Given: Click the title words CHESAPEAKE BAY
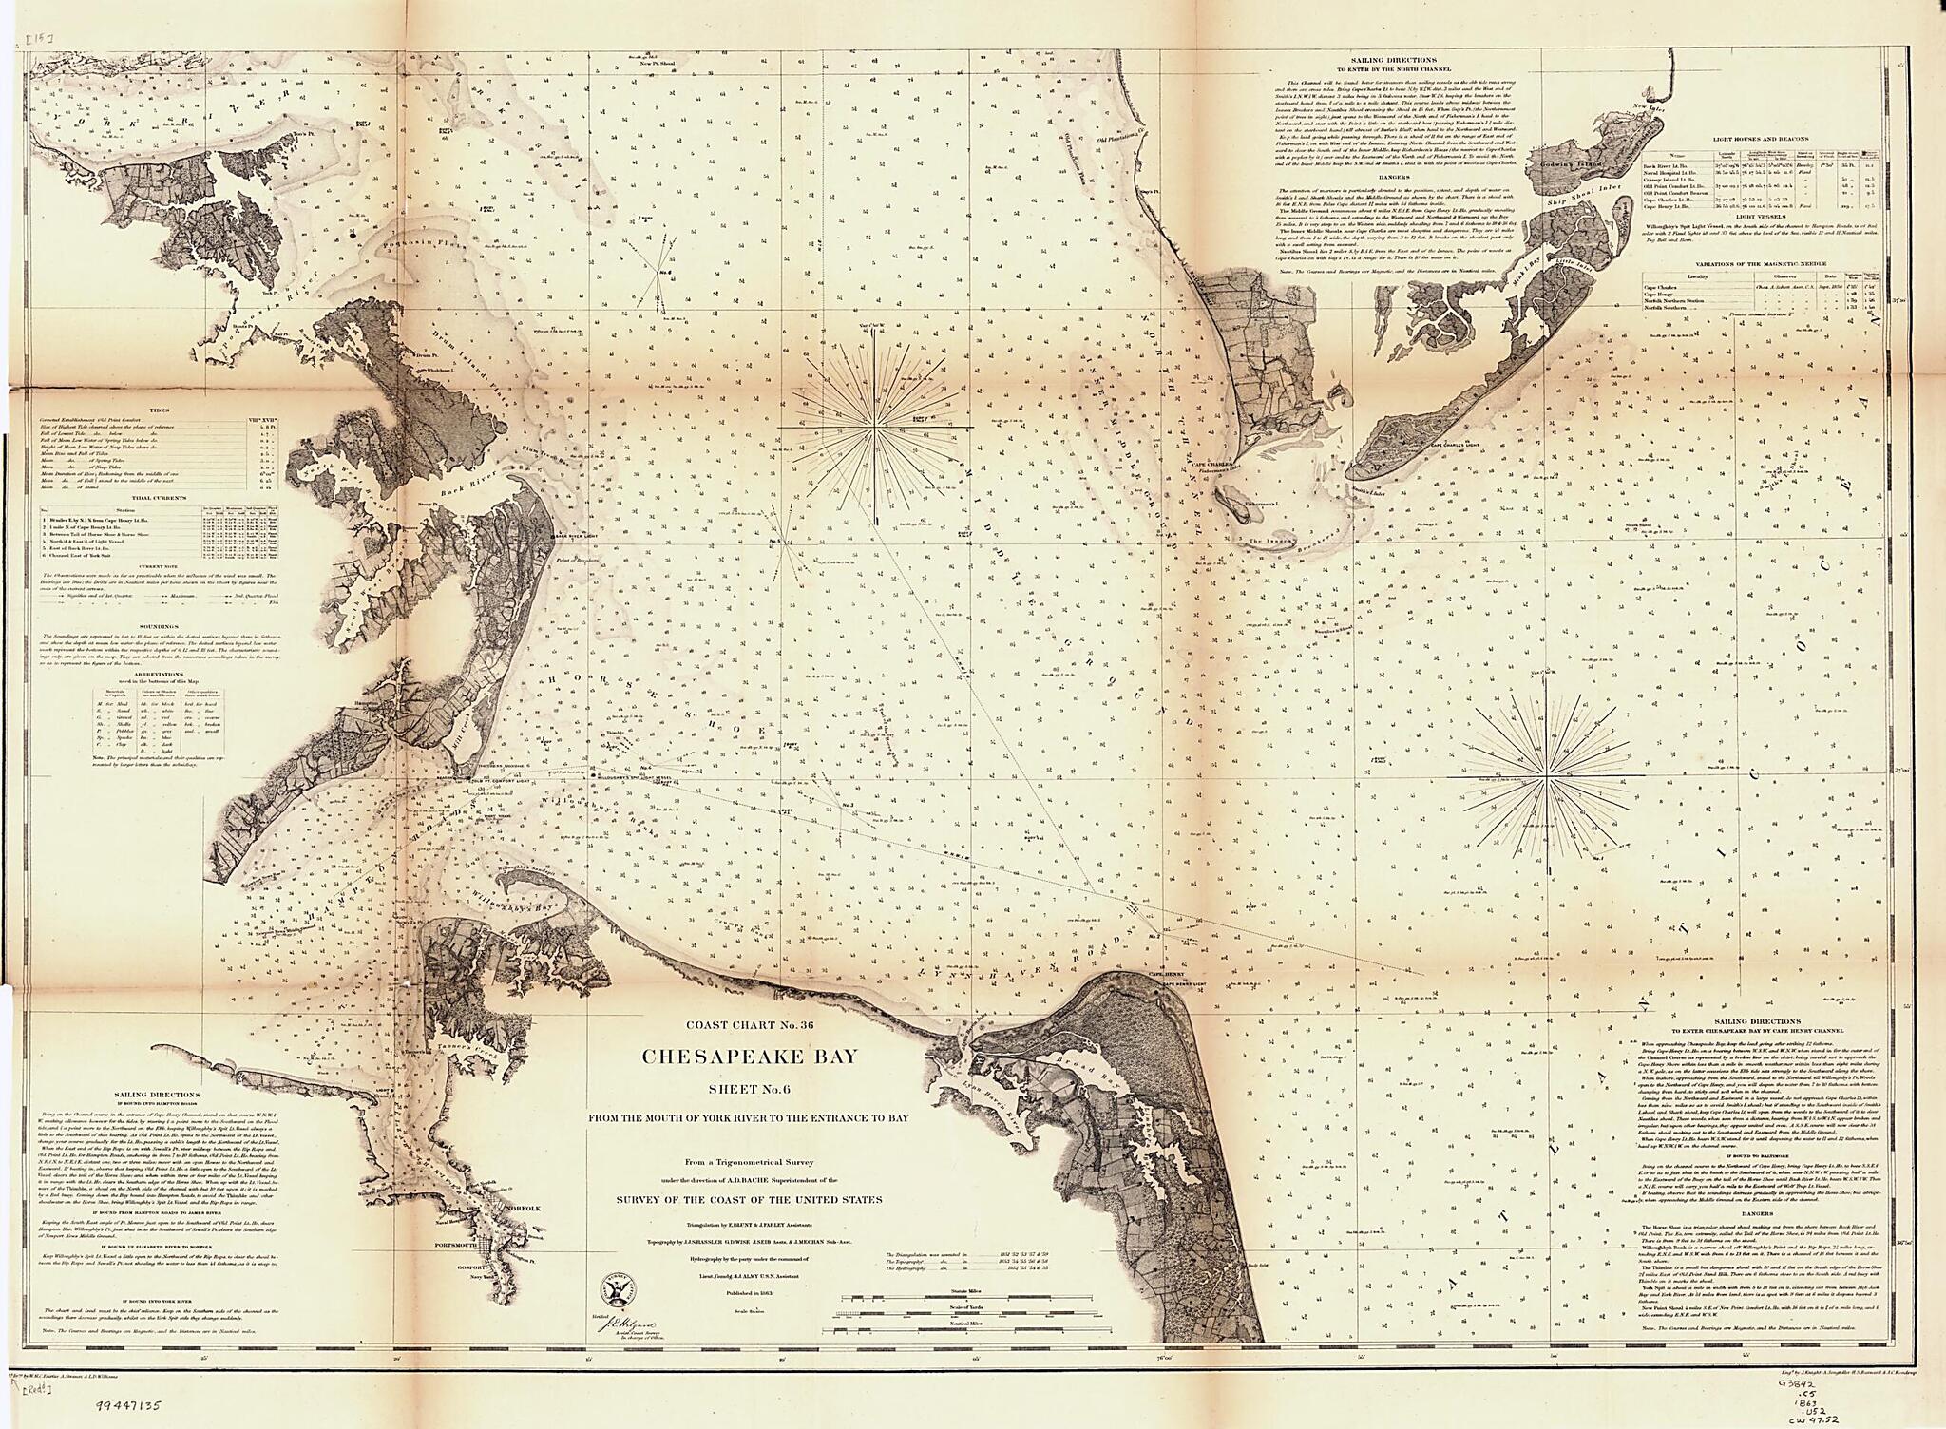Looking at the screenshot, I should click(x=750, y=1056).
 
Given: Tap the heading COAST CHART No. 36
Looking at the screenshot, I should click(x=752, y=1024).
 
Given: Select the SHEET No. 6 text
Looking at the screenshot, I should click(x=751, y=1089).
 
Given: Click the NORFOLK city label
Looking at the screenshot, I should click(x=524, y=1209).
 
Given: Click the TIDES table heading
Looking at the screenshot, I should click(x=160, y=410).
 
